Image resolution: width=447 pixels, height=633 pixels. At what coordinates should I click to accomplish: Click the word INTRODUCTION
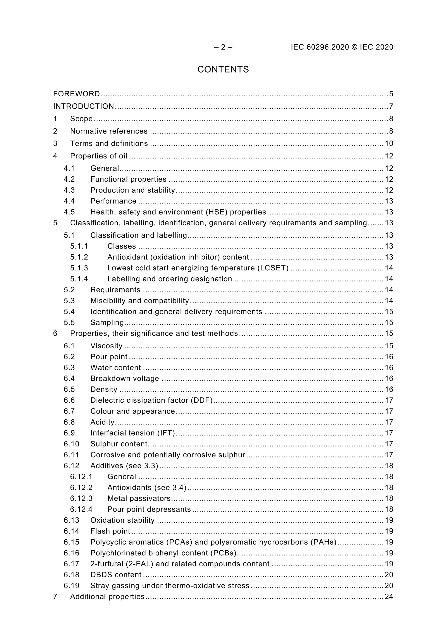(x=84, y=106)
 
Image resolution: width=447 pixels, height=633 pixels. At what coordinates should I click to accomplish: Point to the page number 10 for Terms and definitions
(x=389, y=143)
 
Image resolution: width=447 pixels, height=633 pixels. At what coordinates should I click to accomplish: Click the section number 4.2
(x=69, y=179)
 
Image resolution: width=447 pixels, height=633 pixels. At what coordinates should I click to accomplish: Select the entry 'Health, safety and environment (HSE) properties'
(x=178, y=212)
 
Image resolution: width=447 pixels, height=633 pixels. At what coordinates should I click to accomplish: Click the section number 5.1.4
(x=79, y=279)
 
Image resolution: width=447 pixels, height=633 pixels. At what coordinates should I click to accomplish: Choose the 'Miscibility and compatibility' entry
(x=139, y=301)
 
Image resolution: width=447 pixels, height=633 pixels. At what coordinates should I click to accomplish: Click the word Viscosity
(x=106, y=346)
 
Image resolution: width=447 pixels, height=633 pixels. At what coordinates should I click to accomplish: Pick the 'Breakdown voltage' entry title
(x=125, y=378)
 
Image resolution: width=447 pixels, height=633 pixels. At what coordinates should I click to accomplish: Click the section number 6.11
(x=71, y=455)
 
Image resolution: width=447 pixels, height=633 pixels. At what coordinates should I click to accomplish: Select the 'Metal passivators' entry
(x=139, y=498)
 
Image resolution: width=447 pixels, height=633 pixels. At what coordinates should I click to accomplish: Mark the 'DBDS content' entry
(x=116, y=575)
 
